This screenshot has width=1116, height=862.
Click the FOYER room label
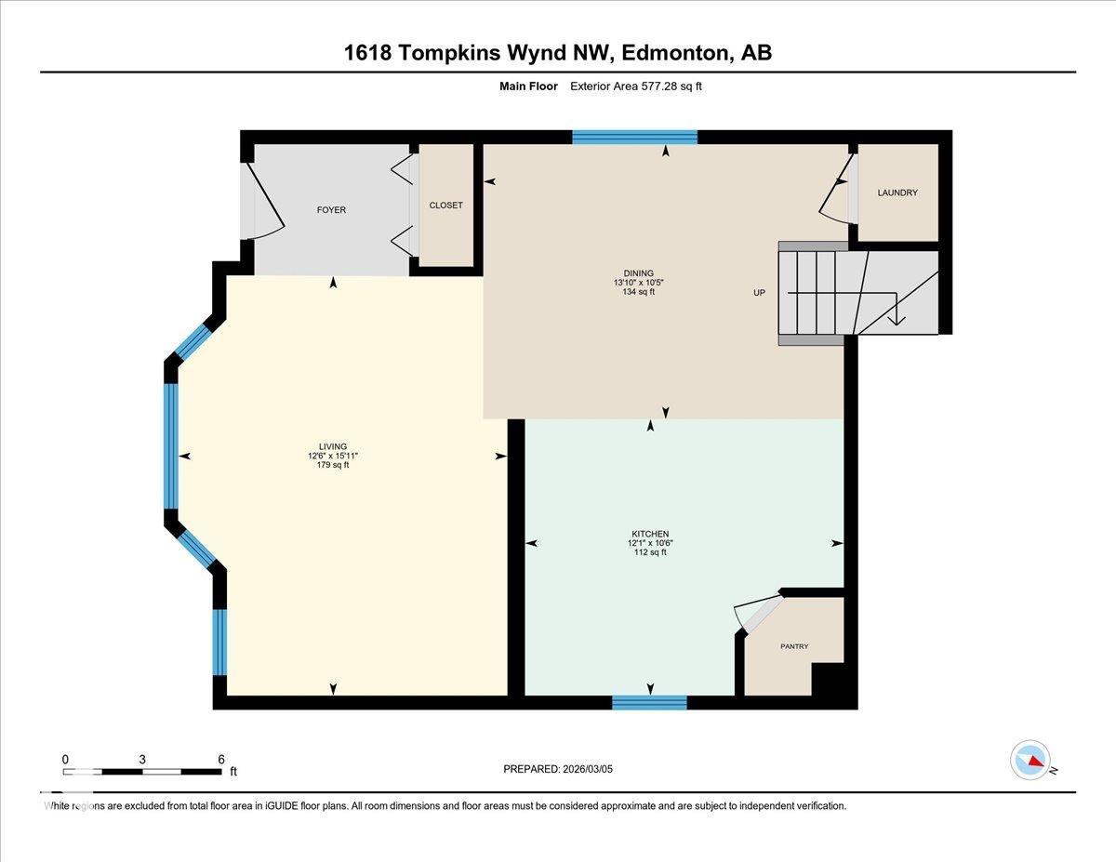(x=331, y=210)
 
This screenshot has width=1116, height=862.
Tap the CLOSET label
(x=445, y=206)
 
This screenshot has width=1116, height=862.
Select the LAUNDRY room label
(x=897, y=192)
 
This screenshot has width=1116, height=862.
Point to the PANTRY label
(x=794, y=646)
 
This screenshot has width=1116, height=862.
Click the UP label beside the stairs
(x=759, y=293)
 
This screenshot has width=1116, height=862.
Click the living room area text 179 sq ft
(x=333, y=465)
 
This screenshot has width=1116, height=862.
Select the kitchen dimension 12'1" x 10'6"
(x=649, y=543)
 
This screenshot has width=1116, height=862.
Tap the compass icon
(x=1030, y=760)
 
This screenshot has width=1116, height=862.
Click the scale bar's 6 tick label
(x=220, y=759)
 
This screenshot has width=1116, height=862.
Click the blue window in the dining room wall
(x=634, y=138)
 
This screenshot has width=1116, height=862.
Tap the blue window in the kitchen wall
(x=649, y=702)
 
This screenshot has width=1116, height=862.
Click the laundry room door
(x=838, y=191)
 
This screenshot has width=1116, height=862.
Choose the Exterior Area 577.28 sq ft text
(x=642, y=86)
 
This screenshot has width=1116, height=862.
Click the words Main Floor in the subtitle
(x=528, y=86)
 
